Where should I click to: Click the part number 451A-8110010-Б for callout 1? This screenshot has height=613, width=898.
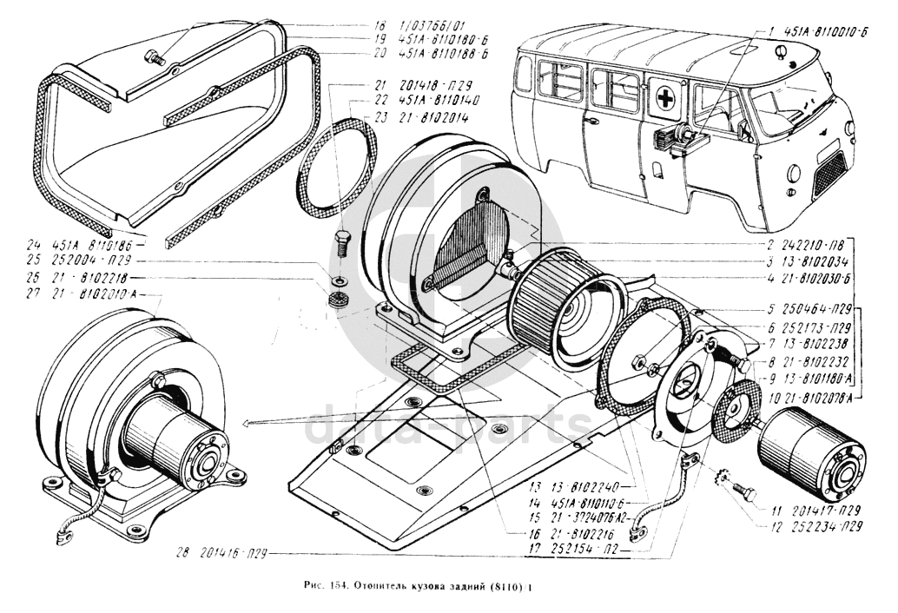[x=821, y=33]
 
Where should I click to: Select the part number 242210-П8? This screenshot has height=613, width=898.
[x=802, y=246]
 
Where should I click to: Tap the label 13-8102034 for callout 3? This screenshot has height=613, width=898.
[x=804, y=260]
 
